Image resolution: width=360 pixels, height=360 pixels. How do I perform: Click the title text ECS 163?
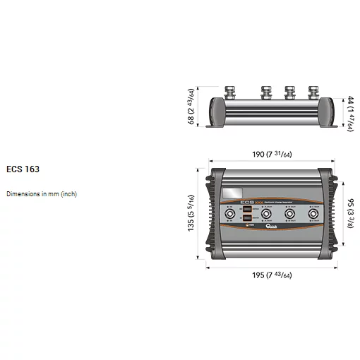coord(23,169)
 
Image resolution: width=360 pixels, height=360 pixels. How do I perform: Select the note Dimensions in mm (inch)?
coord(42,193)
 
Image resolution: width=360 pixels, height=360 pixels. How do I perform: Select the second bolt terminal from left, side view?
coord(267,92)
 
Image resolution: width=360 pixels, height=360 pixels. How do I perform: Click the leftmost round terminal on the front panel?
coord(231,215)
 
